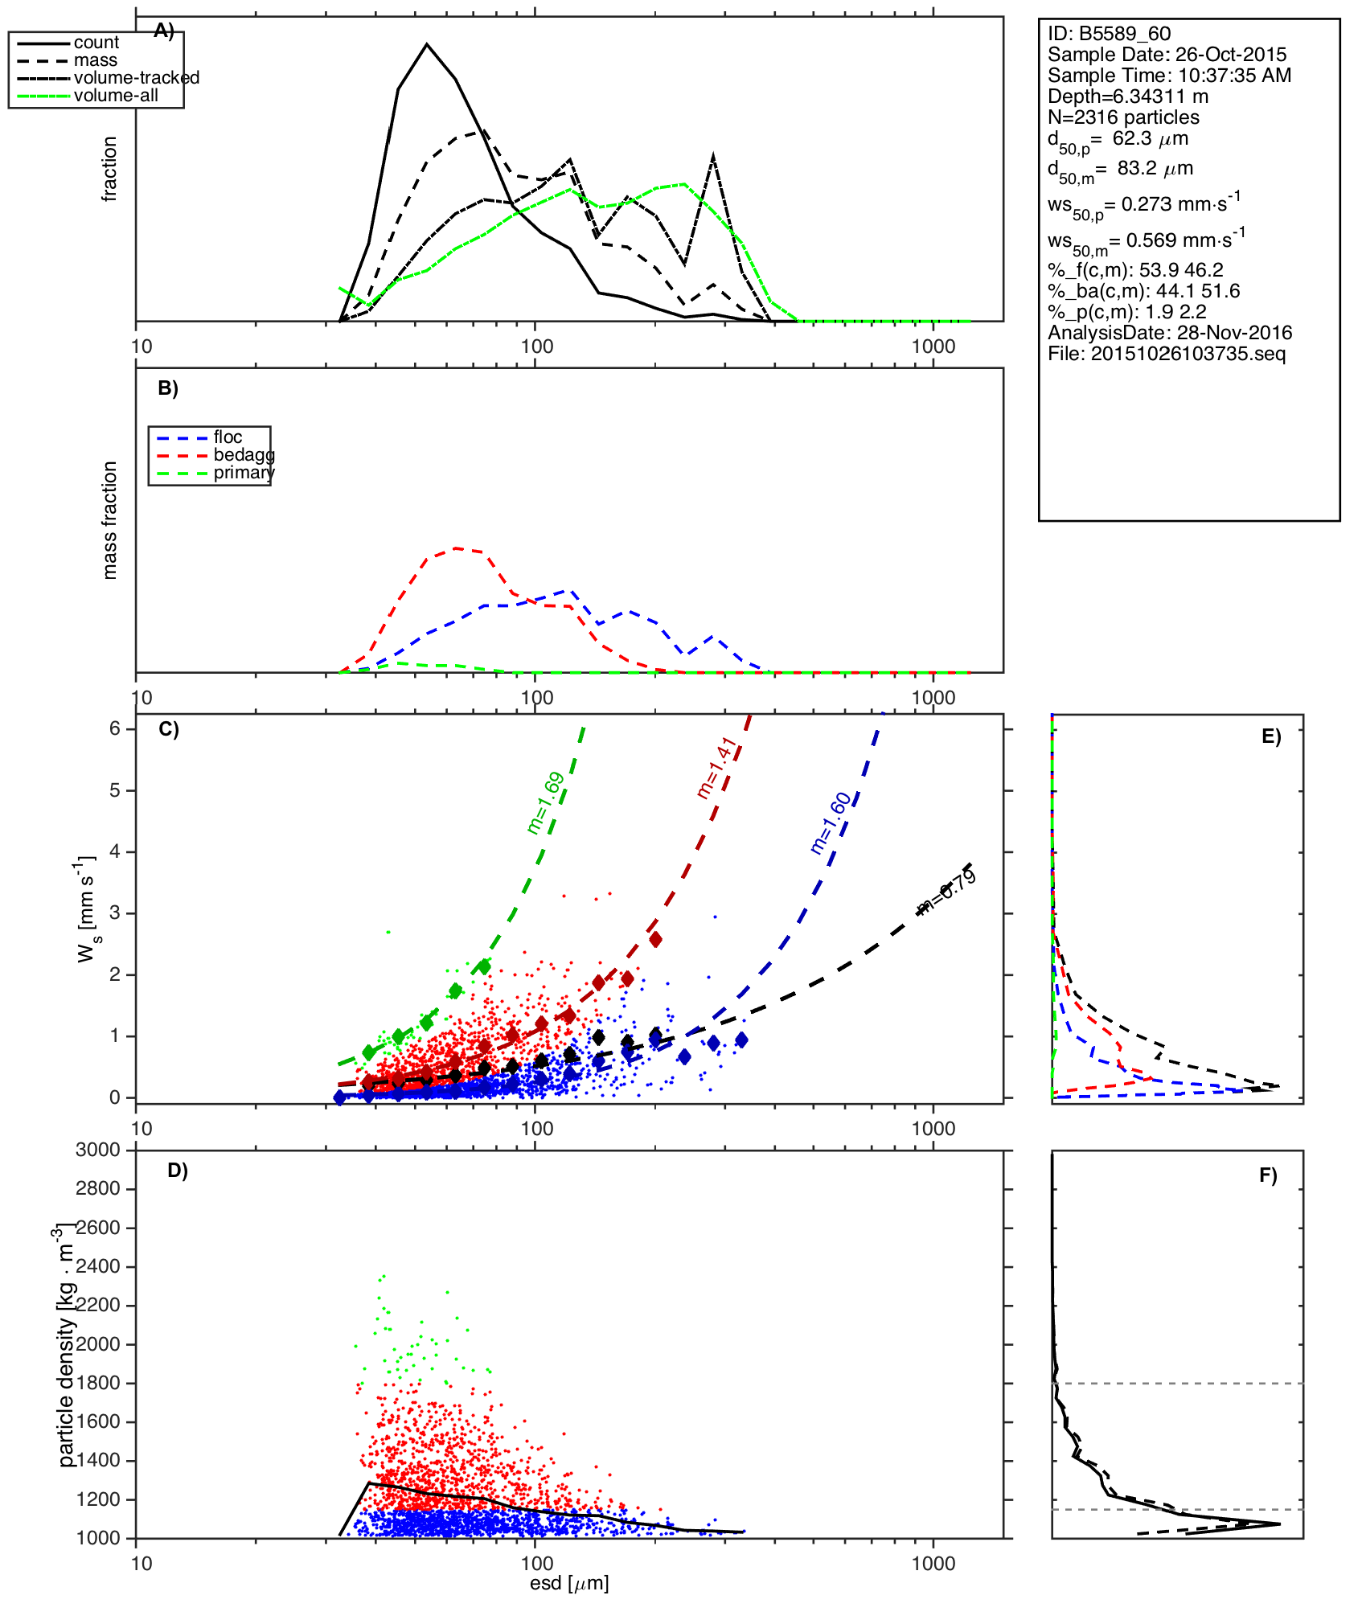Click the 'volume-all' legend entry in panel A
click(116, 96)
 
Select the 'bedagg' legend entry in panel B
click(244, 455)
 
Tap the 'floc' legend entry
click(228, 437)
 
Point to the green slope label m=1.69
click(545, 803)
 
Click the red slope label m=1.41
click(716, 768)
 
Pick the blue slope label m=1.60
click(831, 823)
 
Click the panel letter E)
click(1271, 736)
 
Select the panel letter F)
click(1268, 1175)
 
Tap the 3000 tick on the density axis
click(98, 1150)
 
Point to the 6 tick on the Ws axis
click(115, 728)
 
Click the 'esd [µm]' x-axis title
click(569, 1583)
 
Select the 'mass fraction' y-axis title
click(110, 520)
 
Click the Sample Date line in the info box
click(1167, 55)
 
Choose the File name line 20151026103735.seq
click(1167, 354)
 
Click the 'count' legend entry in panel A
click(96, 43)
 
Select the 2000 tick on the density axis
click(98, 1344)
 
